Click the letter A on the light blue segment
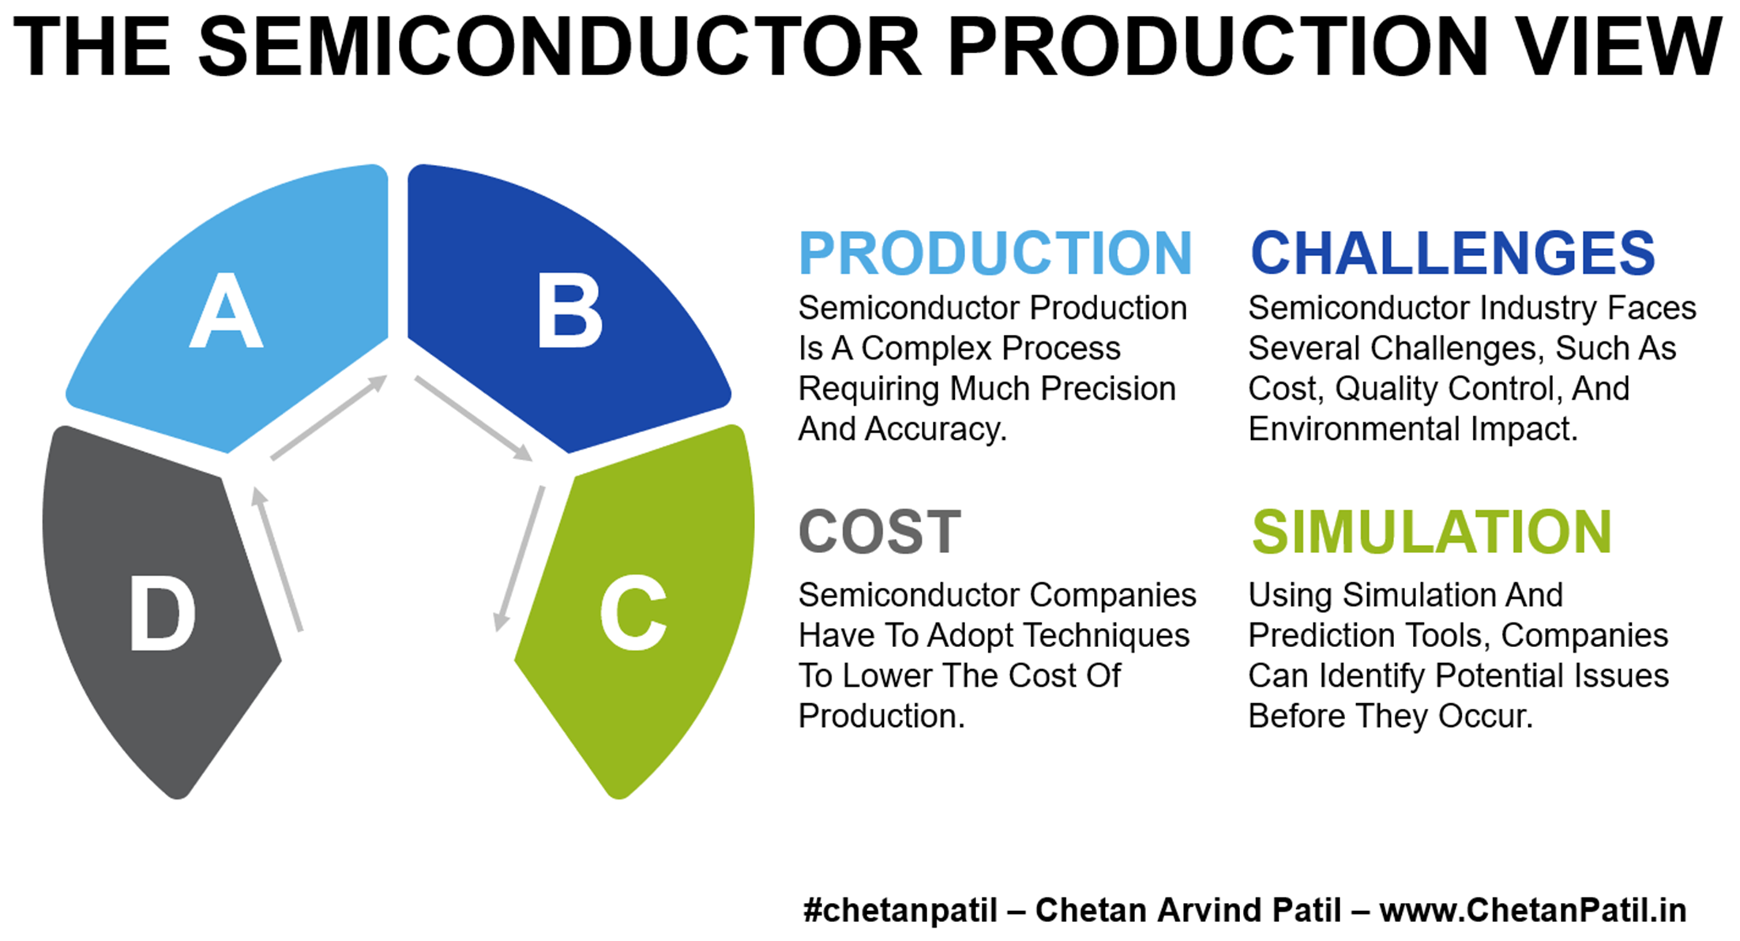226,310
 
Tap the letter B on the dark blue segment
569,310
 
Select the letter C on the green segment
633,612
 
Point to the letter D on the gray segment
163,612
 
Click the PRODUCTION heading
995,254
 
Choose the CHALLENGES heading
1453,254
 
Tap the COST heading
879,531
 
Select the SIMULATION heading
1431,531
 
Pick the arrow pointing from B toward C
473,419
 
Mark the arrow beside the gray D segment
276,559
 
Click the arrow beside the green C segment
520,559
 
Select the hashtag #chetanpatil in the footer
900,910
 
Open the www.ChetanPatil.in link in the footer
1532,910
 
